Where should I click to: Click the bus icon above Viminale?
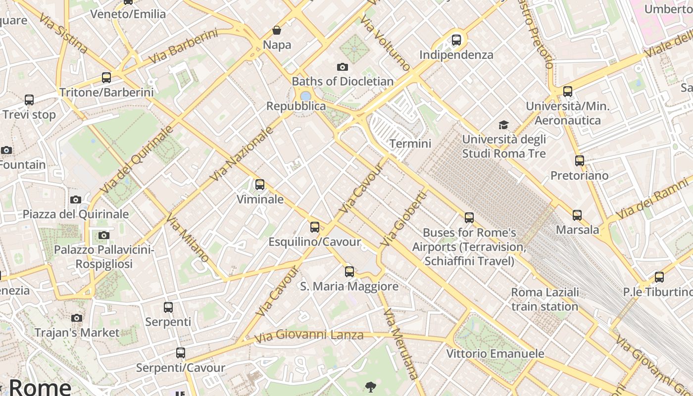tap(260, 185)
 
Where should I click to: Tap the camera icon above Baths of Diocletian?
tap(342, 67)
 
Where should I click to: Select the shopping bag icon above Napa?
tap(277, 31)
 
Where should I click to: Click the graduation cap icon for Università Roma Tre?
tap(503, 125)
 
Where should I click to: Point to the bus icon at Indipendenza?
tap(456, 40)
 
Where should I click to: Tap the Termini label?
tap(410, 144)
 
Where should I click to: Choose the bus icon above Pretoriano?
tap(579, 161)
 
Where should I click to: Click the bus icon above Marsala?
tap(577, 215)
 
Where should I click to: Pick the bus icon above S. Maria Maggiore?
tap(349, 271)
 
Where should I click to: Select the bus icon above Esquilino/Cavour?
tap(315, 227)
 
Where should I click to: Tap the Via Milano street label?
tap(188, 238)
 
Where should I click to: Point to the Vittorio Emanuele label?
tap(495, 354)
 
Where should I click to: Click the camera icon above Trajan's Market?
tap(77, 318)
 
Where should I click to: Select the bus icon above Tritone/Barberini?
tap(106, 78)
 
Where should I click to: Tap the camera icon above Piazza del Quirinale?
tap(76, 199)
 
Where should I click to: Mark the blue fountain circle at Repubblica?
tap(305, 96)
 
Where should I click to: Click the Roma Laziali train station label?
tap(544, 299)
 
